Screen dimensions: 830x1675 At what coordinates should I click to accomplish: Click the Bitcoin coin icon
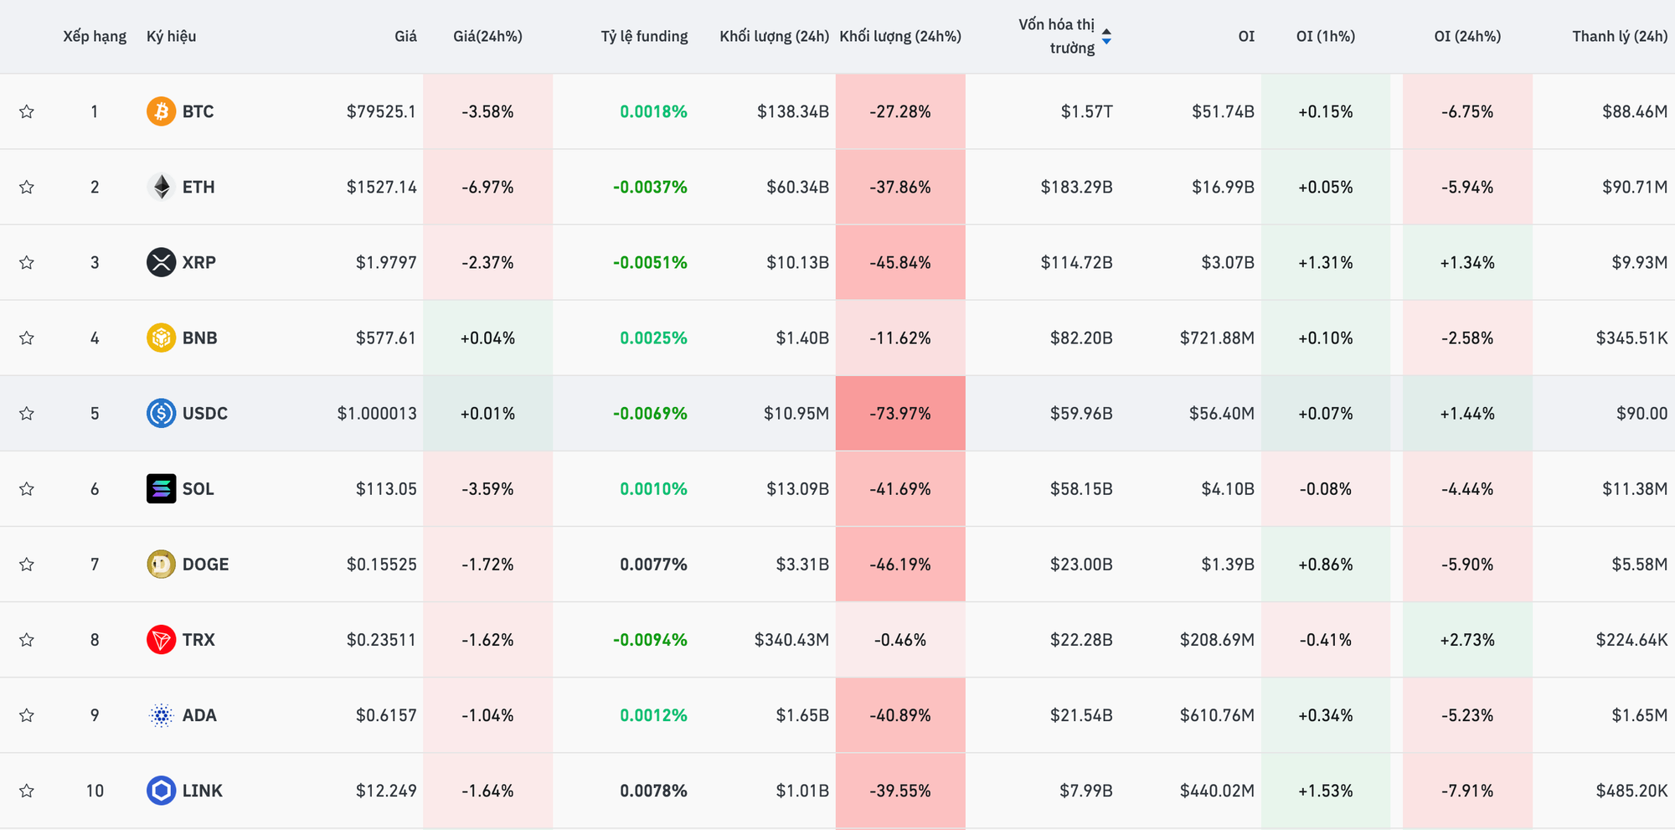coord(161,111)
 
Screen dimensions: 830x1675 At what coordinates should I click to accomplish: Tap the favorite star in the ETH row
coord(27,187)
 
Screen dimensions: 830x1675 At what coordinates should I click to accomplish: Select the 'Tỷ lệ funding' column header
coord(644,36)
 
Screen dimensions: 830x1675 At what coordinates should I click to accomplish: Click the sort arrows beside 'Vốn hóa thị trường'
coord(1106,36)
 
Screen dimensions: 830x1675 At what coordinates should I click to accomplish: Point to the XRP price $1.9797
coord(385,262)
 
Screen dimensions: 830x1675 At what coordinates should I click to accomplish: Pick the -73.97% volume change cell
coord(900,413)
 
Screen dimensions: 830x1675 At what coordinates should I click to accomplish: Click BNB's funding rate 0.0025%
coord(653,338)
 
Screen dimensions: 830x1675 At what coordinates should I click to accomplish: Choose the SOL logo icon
coord(161,488)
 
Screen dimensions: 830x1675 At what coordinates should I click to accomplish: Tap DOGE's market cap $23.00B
coord(1081,565)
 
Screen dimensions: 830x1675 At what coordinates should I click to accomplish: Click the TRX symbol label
coord(198,640)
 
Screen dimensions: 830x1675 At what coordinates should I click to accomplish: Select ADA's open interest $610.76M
coord(1217,715)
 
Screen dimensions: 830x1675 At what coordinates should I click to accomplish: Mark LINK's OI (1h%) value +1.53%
coord(1325,791)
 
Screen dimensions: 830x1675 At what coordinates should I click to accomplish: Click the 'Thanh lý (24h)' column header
coord(1619,36)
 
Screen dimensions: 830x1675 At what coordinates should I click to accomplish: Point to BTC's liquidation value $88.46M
coord(1634,111)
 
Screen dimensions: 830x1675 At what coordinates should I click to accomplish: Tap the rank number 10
coord(95,791)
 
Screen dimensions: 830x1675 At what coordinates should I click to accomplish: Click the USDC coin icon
coord(161,413)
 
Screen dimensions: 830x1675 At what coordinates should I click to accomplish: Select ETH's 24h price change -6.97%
coord(487,187)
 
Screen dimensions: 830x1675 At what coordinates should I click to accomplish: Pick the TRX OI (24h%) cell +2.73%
coord(1466,640)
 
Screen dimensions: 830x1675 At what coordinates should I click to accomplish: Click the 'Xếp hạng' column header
coord(95,36)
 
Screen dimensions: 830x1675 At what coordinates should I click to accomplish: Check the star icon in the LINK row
coord(27,791)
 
